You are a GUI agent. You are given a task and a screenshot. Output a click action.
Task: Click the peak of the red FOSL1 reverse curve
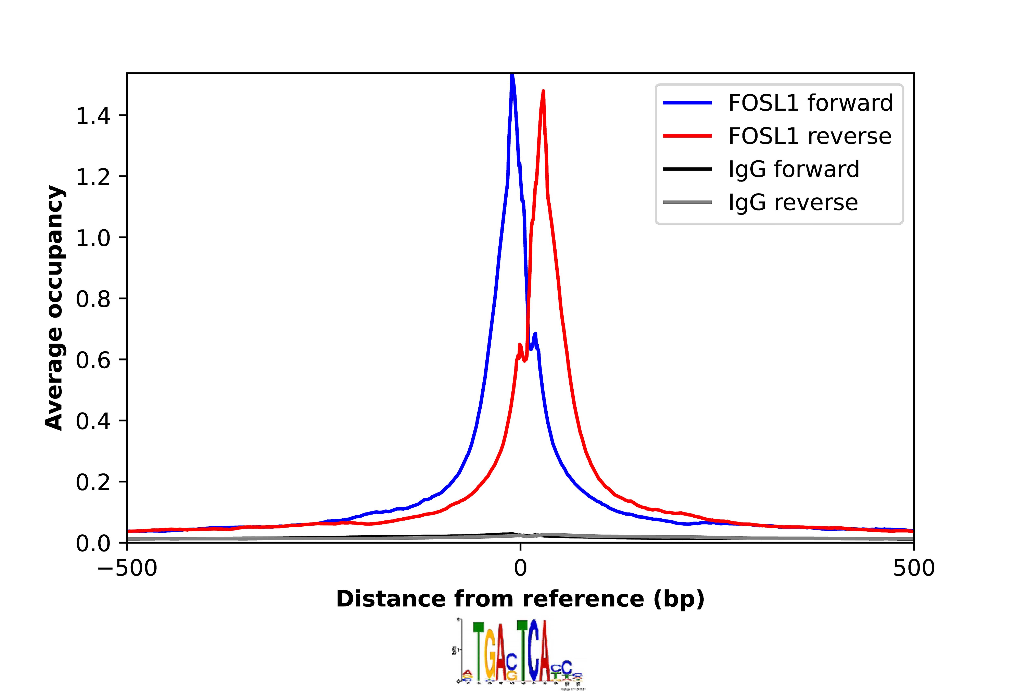pyautogui.click(x=543, y=92)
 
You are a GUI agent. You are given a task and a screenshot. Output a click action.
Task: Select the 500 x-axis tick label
pyautogui.click(x=914, y=568)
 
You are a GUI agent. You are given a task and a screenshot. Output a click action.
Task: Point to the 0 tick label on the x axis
pyautogui.click(x=520, y=568)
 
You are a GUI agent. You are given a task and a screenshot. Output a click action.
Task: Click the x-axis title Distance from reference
pyautogui.click(x=520, y=599)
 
